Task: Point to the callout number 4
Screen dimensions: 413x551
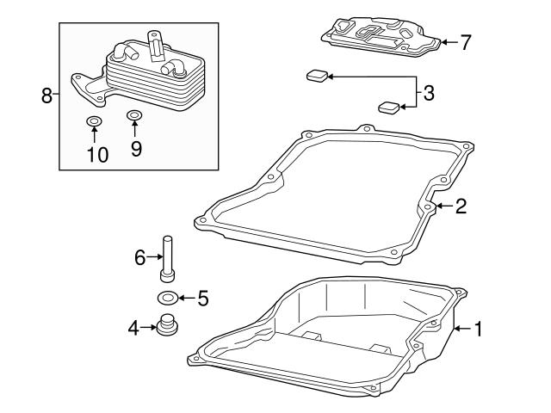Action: click(133, 327)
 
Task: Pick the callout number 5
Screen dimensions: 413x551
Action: click(203, 299)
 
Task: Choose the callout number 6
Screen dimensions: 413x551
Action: click(139, 256)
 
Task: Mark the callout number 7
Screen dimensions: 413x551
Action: click(466, 41)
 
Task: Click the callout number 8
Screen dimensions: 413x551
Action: click(46, 95)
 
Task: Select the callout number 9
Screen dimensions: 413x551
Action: click(135, 148)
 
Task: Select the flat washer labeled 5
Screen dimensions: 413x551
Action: click(168, 299)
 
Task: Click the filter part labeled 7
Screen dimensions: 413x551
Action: click(379, 36)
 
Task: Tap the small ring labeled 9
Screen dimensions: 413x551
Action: click(134, 115)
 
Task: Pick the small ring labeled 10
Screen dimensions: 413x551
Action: click(94, 120)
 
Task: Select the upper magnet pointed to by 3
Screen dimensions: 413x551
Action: click(316, 77)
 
